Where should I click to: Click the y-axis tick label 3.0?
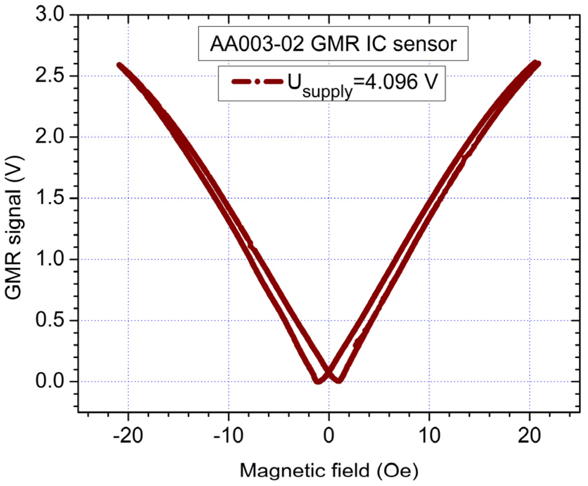50,15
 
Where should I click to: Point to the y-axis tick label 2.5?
50,76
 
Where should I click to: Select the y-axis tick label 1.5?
50,198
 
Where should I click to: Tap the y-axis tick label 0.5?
50,320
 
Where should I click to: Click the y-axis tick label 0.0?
50,382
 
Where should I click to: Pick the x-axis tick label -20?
128,435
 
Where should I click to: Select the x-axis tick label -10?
228,435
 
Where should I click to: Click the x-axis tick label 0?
329,435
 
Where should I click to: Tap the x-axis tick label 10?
429,435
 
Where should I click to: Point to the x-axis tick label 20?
530,435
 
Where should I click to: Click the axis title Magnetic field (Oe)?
329,470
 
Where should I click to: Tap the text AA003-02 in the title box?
257,44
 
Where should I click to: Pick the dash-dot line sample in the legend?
257,82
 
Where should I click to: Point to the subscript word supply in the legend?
327,92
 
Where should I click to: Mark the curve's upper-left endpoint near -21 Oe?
120,65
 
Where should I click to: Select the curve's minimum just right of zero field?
339,381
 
